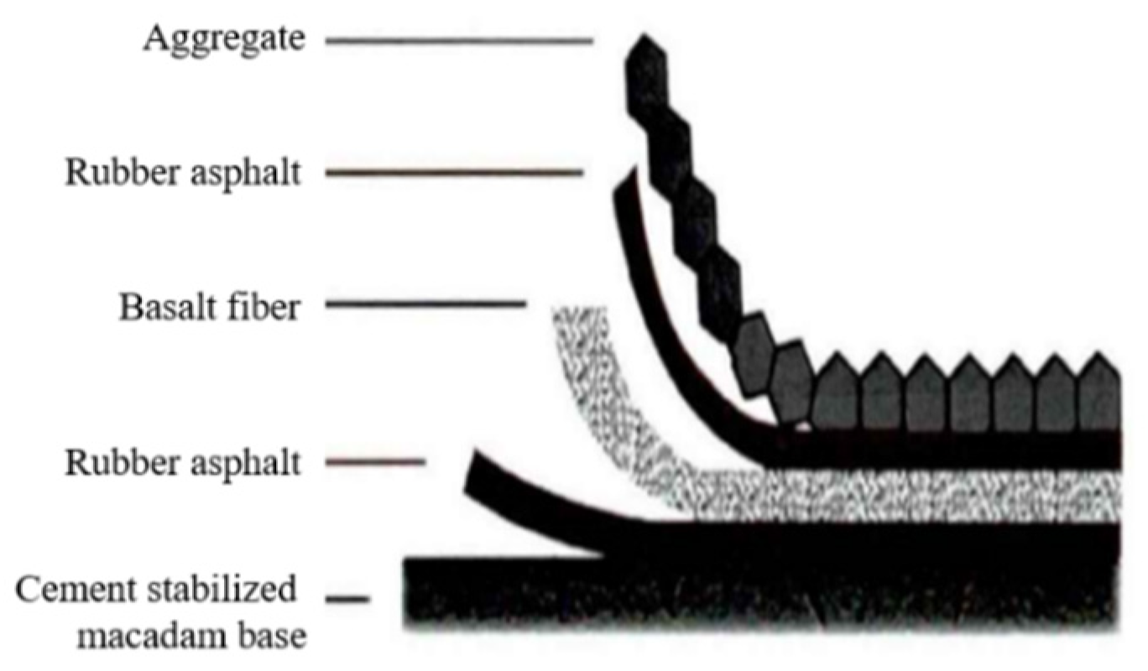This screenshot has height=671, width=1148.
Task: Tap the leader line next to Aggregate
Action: pyautogui.click(x=459, y=39)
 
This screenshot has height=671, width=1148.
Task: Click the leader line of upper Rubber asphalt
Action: pyautogui.click(x=454, y=174)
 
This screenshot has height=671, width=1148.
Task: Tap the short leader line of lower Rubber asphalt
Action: pyautogui.click(x=376, y=461)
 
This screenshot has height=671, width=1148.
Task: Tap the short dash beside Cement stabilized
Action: pyautogui.click(x=347, y=599)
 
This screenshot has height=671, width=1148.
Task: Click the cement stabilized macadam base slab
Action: pyautogui.click(x=755, y=596)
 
